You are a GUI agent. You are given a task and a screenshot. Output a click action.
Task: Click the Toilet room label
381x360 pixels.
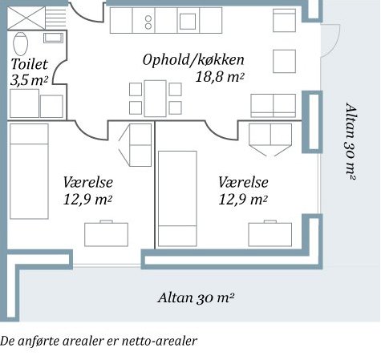[30, 64]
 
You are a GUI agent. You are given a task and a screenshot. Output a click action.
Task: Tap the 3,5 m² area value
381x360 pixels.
[30, 79]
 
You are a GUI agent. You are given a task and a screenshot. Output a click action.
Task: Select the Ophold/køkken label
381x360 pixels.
[193, 60]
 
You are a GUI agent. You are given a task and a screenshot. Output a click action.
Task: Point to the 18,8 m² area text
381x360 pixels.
[220, 77]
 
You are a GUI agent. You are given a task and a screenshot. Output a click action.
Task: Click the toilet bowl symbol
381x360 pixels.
[20, 43]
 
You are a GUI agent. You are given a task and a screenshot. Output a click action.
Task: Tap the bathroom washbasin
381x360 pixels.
[54, 38]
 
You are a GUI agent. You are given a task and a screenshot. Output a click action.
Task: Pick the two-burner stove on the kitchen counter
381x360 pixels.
[148, 22]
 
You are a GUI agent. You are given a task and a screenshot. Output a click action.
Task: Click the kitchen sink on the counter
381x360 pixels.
[188, 22]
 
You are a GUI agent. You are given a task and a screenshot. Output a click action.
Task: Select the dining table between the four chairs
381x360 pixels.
[155, 99]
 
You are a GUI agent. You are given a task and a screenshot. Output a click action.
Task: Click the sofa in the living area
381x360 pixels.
[274, 106]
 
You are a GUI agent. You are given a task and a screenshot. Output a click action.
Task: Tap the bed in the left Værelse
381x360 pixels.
[29, 172]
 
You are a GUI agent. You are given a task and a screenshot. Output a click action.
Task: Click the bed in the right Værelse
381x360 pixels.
[177, 199]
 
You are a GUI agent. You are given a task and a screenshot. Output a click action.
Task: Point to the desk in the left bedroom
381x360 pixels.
[106, 233]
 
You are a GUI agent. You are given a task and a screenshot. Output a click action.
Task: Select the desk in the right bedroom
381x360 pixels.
[270, 233]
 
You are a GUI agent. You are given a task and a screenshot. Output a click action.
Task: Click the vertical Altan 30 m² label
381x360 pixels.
[351, 141]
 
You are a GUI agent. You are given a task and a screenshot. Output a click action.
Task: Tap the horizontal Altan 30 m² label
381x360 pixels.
[196, 297]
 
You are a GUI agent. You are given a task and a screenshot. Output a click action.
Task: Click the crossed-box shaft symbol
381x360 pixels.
[26, 18]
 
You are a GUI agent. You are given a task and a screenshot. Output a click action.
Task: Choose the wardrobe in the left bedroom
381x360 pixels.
[140, 145]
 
